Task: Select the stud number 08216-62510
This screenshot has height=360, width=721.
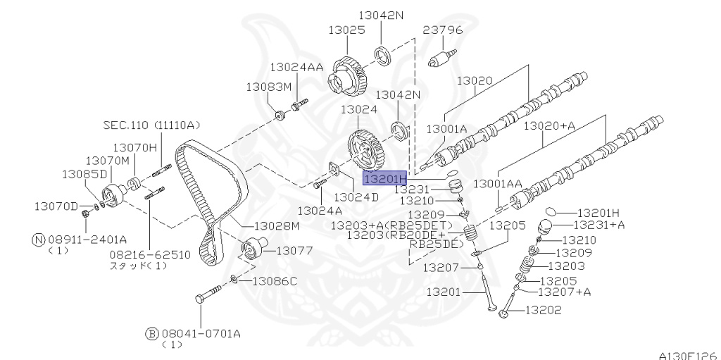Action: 149,254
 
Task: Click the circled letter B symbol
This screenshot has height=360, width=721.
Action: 151,333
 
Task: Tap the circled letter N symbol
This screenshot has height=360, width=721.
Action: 38,239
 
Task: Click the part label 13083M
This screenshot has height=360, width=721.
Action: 268,87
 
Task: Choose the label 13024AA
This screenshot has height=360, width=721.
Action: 296,67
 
